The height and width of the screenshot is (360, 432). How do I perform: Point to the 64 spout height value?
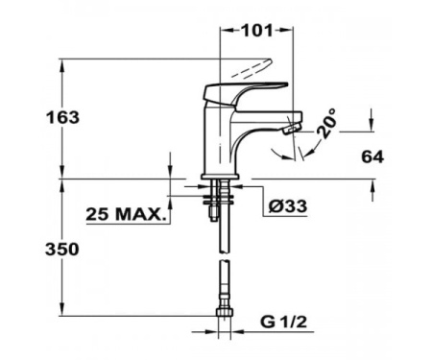tap(373, 155)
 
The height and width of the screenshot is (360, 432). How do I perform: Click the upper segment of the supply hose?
tap(226, 230)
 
